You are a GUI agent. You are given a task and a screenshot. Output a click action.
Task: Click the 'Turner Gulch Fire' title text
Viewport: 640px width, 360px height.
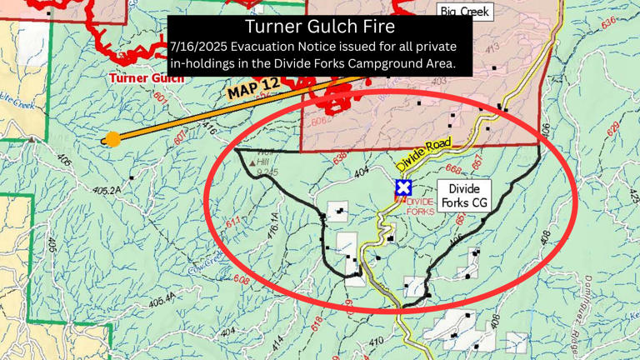click(320, 27)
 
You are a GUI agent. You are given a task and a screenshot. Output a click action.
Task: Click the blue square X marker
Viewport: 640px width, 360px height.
click(404, 188)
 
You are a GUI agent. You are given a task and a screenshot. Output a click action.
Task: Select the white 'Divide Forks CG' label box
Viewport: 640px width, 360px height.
click(464, 196)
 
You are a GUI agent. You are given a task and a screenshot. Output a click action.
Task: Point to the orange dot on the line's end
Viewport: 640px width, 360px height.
click(112, 139)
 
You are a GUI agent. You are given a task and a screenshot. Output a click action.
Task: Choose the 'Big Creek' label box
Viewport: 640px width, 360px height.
click(465, 12)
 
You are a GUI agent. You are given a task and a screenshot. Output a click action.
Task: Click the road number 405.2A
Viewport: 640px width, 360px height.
click(107, 190)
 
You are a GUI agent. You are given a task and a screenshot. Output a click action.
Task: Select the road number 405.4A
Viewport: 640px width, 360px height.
click(162, 297)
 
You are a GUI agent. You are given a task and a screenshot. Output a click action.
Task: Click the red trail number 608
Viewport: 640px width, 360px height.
click(242, 281)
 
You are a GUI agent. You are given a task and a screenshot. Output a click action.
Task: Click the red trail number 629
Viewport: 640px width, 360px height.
click(614, 127)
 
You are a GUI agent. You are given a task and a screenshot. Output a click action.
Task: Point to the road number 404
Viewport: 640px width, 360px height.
click(361, 172)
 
